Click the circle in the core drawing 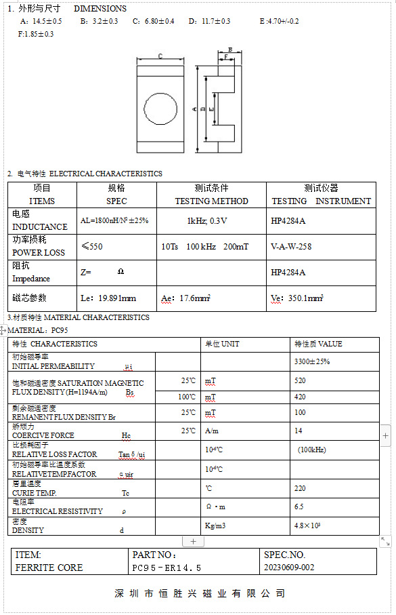(x=160, y=108)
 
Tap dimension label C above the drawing (x=160, y=56)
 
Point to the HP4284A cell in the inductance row (x=288, y=220)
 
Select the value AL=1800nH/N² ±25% (x=114, y=220)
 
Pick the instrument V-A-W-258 (x=291, y=246)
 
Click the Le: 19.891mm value (x=108, y=298)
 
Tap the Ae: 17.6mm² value (x=186, y=298)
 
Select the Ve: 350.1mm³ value (x=296, y=298)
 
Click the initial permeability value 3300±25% (x=311, y=361)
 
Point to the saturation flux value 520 (x=300, y=381)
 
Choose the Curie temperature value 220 (x=300, y=488)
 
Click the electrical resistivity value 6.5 (x=299, y=507)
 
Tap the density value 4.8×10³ (x=307, y=525)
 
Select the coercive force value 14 (x=298, y=431)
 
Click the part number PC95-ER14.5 (x=167, y=568)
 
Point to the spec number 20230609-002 (x=288, y=568)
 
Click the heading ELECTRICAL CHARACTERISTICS (x=106, y=174)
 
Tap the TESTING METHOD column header (x=211, y=201)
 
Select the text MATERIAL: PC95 (x=38, y=330)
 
